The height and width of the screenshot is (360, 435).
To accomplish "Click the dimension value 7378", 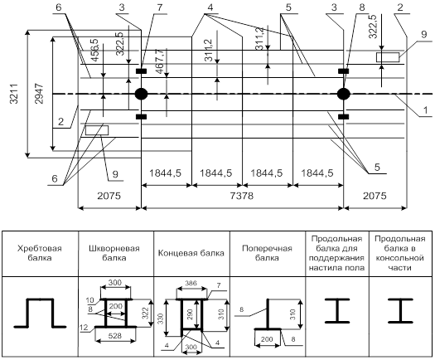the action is point(242,196).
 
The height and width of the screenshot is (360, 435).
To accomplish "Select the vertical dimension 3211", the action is point(14,94).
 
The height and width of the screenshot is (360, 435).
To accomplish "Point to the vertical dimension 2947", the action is point(39,94).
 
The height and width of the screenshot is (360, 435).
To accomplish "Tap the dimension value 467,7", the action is point(160,61).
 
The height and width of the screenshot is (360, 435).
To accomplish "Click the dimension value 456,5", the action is point(94,50).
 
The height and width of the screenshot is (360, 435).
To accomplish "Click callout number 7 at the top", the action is point(160,7).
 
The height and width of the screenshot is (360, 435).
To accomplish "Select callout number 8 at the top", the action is point(362,7).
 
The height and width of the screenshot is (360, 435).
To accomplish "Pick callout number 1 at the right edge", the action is point(425,110).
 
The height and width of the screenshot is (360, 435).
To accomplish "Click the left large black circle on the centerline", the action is point(141,94).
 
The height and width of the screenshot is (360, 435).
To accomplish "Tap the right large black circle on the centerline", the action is point(344,94).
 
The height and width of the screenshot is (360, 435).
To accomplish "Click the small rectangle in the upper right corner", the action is point(388,57).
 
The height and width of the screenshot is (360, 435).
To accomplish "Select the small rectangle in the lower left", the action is point(97,130).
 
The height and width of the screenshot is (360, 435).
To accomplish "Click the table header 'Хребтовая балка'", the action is point(40,253).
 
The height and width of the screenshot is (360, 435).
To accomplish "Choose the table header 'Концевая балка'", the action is point(191,253).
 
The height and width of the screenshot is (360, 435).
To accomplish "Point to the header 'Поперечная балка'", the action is point(267,253).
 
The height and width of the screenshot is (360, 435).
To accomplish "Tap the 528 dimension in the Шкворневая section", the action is point(115,336).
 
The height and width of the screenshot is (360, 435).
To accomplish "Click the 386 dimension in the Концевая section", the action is point(191,283).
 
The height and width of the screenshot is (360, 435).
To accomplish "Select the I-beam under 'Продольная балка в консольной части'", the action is point(400,311).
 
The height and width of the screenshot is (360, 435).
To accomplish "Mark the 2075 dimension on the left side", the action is point(109,196).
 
